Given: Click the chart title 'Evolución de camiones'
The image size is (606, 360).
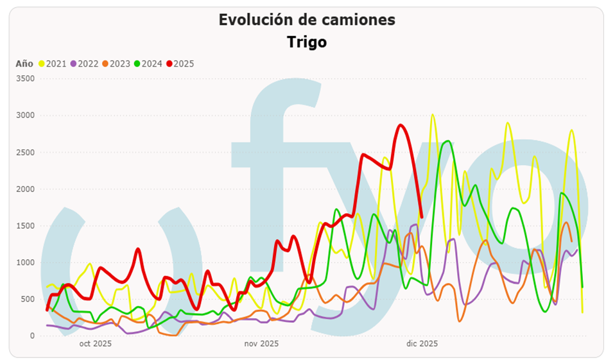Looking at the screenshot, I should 307,20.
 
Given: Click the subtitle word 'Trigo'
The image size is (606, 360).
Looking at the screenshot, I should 307,42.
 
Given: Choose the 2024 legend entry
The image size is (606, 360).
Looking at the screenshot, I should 148,64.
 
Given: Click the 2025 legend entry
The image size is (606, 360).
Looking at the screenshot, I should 180,64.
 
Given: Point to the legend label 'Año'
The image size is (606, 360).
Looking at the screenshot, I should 24,64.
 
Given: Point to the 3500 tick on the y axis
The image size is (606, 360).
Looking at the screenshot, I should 24,79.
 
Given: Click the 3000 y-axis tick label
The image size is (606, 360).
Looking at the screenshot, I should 24,116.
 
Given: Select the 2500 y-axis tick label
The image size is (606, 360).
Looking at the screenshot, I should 24,153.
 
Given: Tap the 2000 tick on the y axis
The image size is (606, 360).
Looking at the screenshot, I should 24,189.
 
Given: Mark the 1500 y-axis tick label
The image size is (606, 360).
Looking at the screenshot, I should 24,226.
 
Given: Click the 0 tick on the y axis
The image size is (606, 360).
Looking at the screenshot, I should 31,336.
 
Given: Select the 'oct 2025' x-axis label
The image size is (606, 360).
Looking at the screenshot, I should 96,344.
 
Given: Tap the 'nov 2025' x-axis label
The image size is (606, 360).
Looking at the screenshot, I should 261,344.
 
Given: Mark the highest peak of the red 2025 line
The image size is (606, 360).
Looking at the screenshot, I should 401,125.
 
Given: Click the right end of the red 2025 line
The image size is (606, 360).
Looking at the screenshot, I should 421,216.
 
